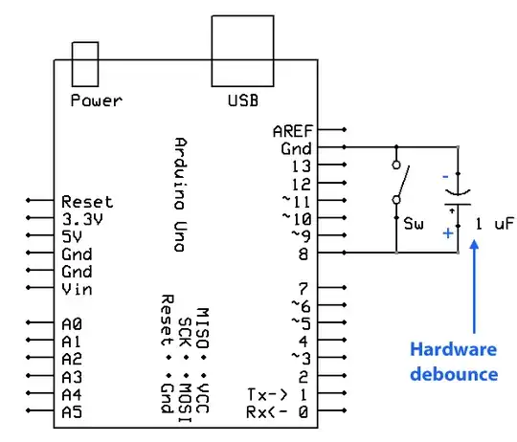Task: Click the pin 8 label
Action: (303, 254)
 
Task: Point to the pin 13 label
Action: (298, 166)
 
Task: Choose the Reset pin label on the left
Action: (86, 202)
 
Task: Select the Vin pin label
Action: (78, 289)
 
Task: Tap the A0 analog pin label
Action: (71, 324)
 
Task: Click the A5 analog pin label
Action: (71, 411)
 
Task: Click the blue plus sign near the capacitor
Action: (445, 232)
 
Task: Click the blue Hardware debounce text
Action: (455, 361)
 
